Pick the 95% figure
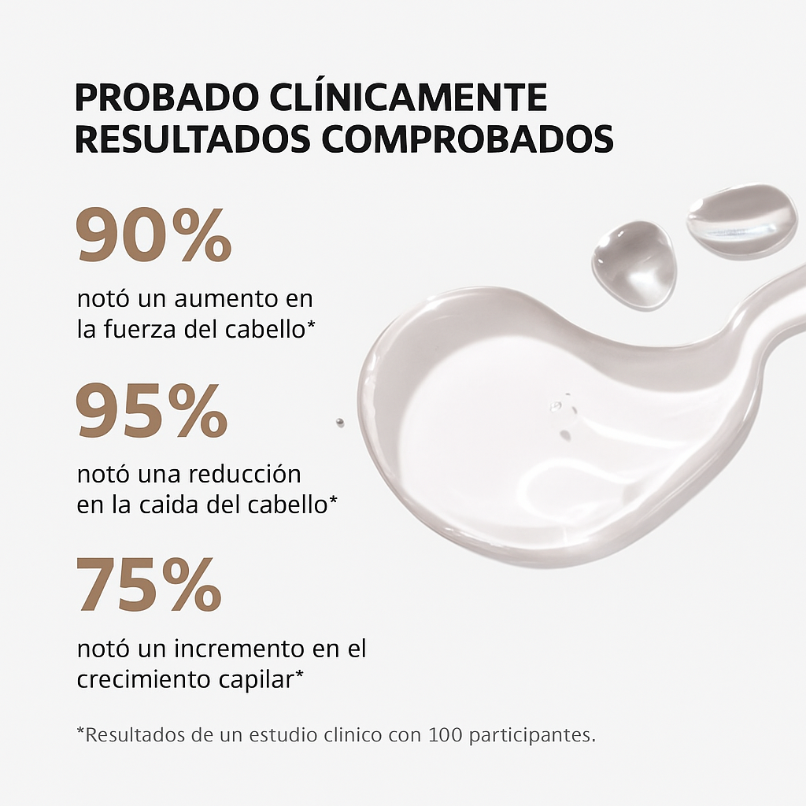coord(152,411)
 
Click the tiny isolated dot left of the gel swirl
coord(339,423)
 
